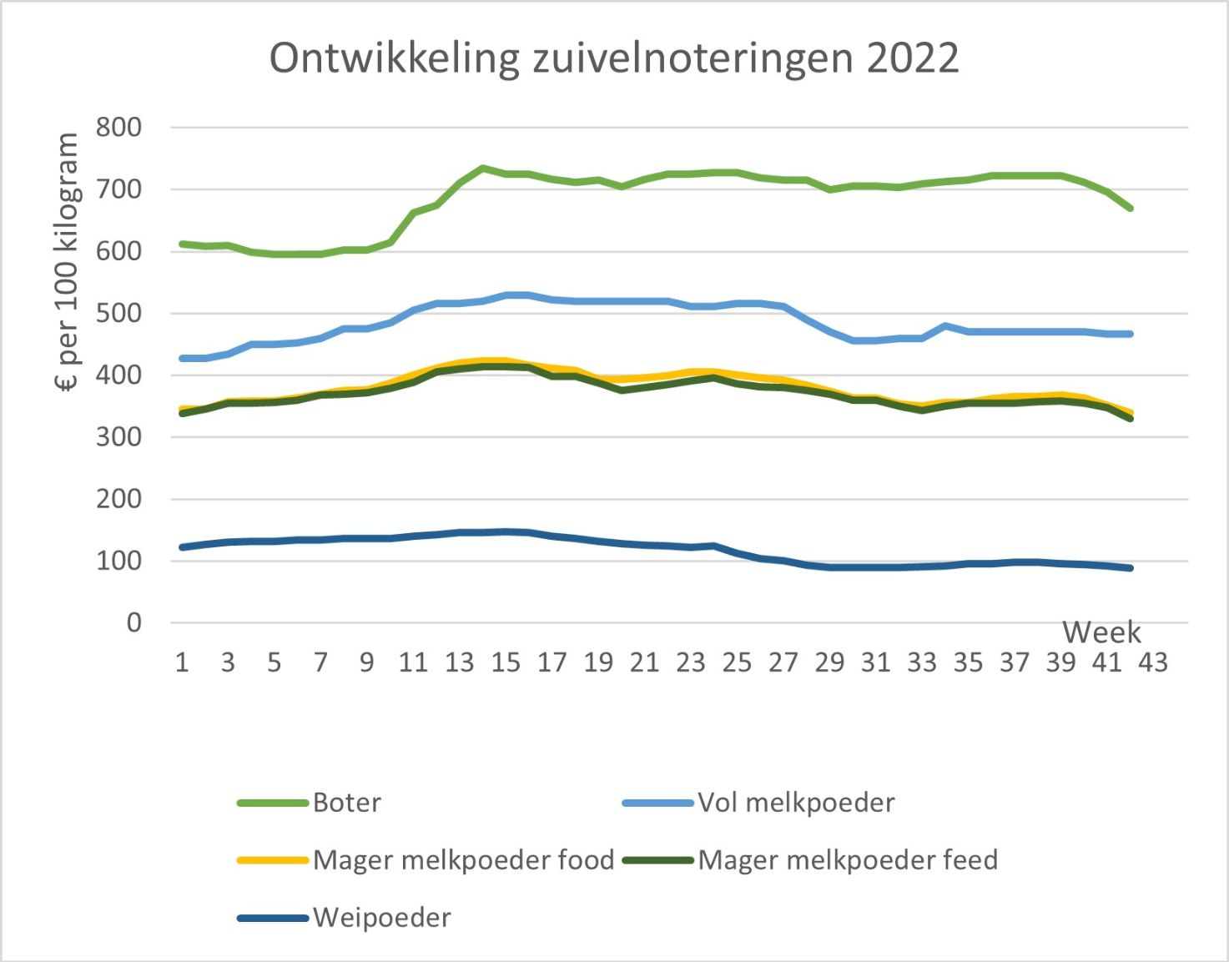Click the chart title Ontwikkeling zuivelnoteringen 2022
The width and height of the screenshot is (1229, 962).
click(x=614, y=58)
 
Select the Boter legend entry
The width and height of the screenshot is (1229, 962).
click(x=346, y=803)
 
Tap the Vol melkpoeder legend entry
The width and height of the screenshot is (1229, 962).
click(x=796, y=803)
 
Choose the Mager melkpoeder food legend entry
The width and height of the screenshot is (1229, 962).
click(x=463, y=860)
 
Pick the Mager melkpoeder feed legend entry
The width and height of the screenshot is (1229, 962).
click(x=848, y=860)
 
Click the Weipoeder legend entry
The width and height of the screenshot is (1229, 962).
click(x=382, y=918)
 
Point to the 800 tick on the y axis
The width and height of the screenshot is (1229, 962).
click(x=118, y=128)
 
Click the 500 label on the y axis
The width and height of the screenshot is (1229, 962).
click(x=118, y=314)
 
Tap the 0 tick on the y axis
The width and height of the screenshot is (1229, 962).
click(x=133, y=622)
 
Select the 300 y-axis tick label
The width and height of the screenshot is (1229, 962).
click(x=118, y=437)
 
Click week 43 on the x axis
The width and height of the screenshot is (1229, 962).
click(x=1154, y=662)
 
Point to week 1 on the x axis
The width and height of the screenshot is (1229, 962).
click(x=182, y=662)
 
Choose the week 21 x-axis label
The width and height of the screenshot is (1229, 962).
click(x=644, y=662)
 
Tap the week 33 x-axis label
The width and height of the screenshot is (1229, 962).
click(x=922, y=662)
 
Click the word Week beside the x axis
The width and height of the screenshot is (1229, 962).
click(x=1101, y=632)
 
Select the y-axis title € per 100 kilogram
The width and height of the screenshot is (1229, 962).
click(x=67, y=262)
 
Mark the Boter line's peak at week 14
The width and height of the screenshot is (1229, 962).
click(x=483, y=169)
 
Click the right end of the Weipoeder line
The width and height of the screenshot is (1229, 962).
click(x=1131, y=568)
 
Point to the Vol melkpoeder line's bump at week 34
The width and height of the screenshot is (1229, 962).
click(x=945, y=326)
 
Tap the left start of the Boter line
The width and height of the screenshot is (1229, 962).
click(x=183, y=244)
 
